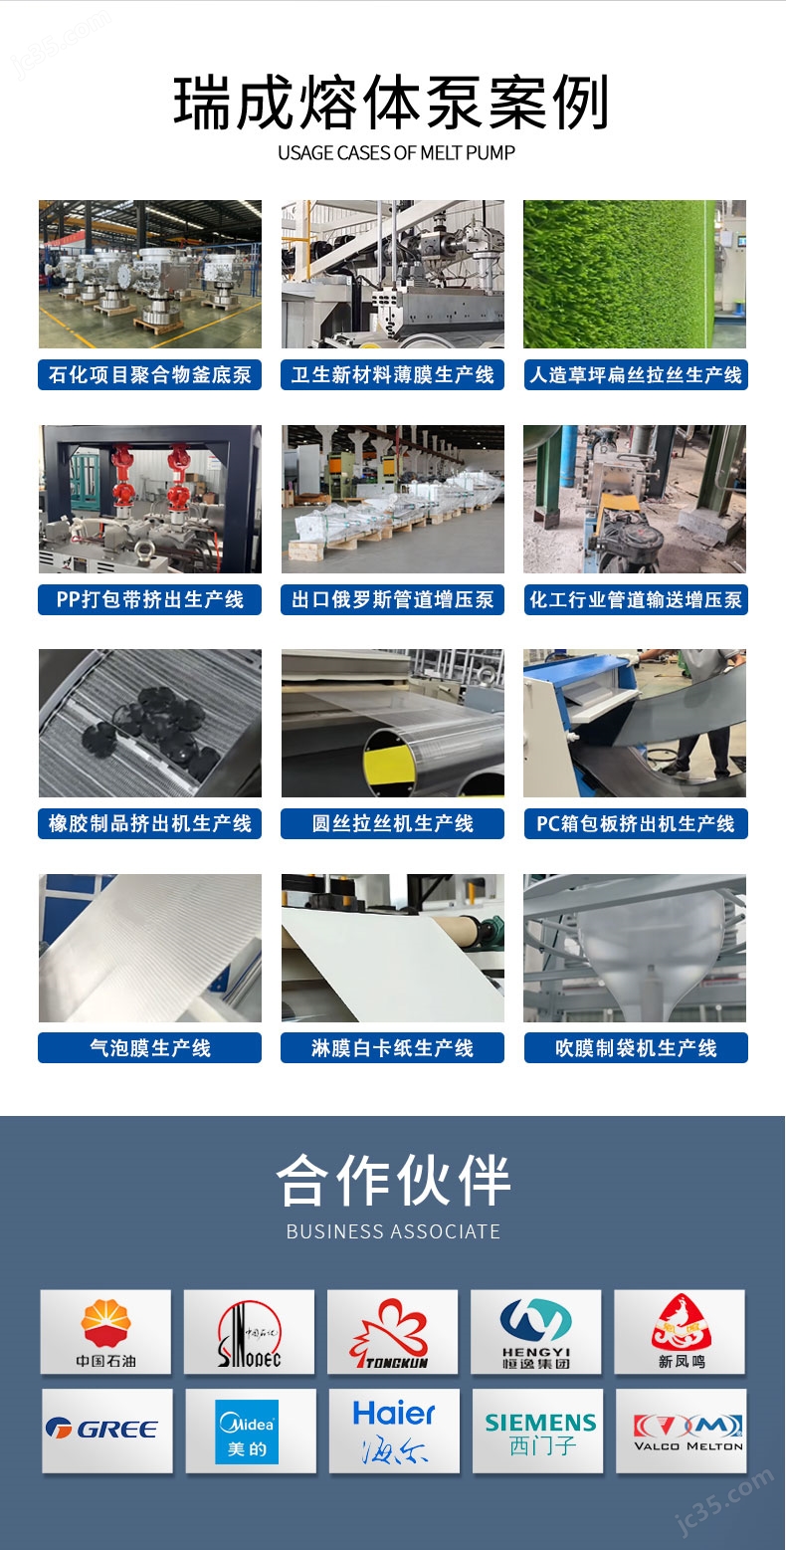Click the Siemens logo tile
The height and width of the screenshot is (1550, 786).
point(538,1431)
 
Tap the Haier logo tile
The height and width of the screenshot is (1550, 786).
point(394,1431)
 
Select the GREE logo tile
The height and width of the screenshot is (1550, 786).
point(107,1431)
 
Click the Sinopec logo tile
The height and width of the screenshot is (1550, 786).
point(249,1331)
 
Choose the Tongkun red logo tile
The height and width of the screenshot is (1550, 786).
point(393,1331)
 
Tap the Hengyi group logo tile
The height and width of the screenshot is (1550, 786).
point(535,1331)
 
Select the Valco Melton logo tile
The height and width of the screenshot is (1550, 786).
point(681,1431)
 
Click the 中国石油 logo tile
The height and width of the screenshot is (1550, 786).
point(105,1331)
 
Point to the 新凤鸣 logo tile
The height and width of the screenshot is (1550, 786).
point(680,1331)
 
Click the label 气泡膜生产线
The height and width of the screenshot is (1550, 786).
point(150,1047)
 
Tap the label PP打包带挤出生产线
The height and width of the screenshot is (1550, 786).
point(150,599)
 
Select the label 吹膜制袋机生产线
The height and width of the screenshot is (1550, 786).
point(636,1047)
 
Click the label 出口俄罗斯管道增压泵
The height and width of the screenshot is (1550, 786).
point(393,599)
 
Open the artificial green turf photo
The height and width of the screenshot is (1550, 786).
point(635,274)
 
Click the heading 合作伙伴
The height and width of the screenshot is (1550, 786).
point(393,1180)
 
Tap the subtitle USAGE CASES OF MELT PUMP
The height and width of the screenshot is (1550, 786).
point(396,153)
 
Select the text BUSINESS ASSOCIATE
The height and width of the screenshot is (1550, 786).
point(393,1231)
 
